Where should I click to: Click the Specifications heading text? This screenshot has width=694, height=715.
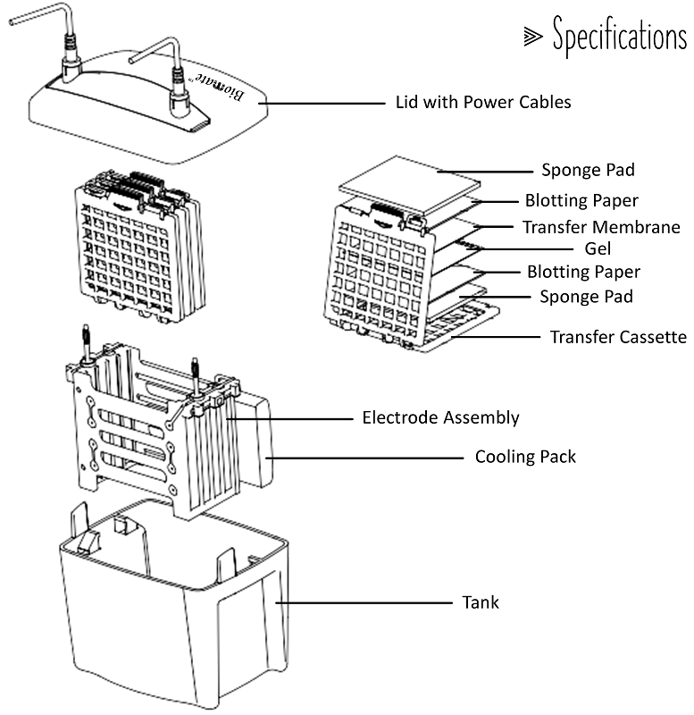[619, 37]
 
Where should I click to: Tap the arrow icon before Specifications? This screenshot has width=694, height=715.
[532, 37]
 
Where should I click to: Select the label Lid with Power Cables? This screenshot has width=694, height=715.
[482, 102]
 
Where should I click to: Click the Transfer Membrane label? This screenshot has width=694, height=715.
[601, 227]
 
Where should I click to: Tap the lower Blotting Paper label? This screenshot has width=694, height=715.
[583, 272]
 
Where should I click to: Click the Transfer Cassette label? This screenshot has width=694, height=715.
[618, 337]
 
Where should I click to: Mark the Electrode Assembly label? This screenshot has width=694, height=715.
[440, 417]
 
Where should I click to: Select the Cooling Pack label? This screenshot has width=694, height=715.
[525, 457]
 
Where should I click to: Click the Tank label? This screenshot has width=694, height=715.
[481, 602]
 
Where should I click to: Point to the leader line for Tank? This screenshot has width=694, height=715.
[366, 602]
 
